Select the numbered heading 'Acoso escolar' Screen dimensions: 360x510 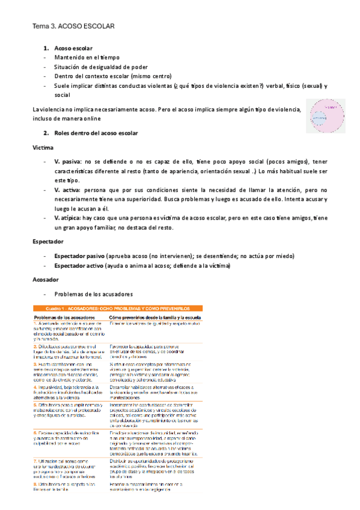click(73, 48)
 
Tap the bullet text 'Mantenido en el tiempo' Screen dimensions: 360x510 click(88, 57)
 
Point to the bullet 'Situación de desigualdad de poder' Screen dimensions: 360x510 click(101, 67)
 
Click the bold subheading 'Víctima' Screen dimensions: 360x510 click(44, 147)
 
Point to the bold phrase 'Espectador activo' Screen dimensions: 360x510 click(82, 265)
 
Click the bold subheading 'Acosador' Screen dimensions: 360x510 click(46, 280)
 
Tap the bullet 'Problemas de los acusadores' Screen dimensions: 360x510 click(93, 294)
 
